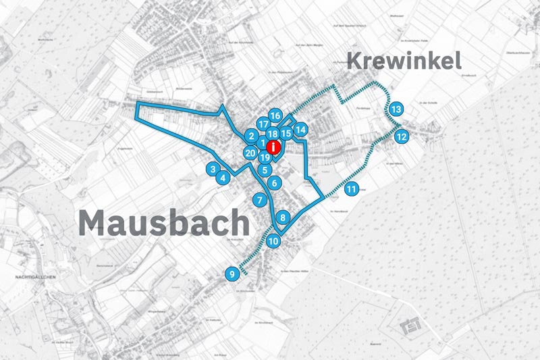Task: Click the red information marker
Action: [x=273, y=147]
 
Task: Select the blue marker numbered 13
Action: [x=396, y=109]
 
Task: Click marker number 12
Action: [x=402, y=136]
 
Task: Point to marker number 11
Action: [x=352, y=189]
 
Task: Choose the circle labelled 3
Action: [x=213, y=169]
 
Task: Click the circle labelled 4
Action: [x=222, y=178]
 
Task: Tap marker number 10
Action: [x=273, y=240]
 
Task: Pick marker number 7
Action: [x=259, y=200]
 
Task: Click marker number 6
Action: [x=273, y=182]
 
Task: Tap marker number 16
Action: [x=275, y=115]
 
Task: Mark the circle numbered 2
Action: [x=250, y=136]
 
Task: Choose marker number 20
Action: [x=250, y=153]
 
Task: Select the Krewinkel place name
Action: [x=404, y=61]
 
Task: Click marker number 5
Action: [x=265, y=170]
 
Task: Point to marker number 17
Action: [x=263, y=124]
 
